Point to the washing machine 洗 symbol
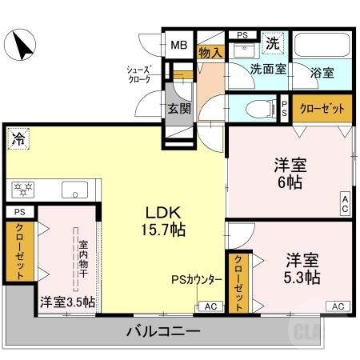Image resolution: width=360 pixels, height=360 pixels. (274, 42)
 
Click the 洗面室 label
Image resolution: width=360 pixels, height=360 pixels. (267, 70)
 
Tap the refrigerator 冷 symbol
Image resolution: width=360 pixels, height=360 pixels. (18, 138)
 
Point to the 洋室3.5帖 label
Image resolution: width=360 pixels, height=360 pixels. (68, 302)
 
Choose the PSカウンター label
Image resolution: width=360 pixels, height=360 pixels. (197, 280)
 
